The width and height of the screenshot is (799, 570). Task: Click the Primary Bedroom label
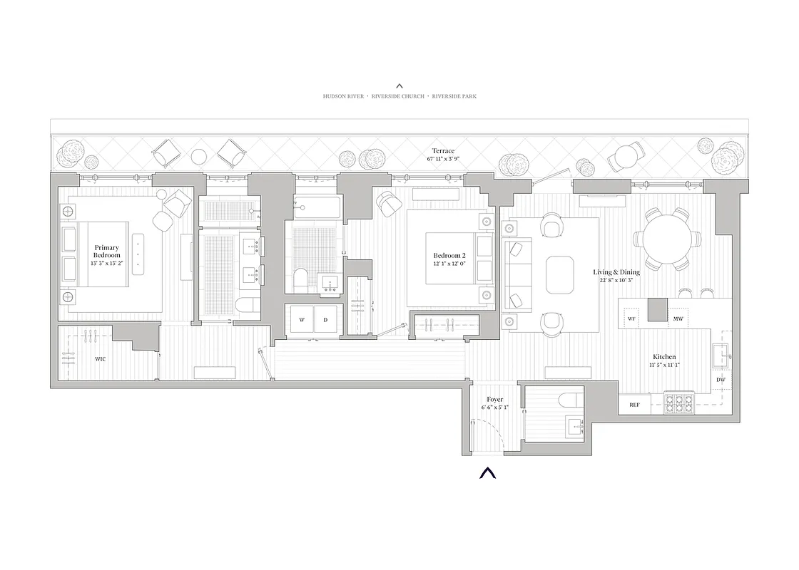(106, 252)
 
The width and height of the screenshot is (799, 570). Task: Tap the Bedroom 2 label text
(449, 256)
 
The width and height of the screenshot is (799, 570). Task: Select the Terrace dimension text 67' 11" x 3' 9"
(443, 159)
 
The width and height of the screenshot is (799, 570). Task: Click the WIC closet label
(101, 359)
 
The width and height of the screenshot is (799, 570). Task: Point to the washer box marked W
(302, 320)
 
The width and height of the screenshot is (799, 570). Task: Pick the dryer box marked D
(325, 320)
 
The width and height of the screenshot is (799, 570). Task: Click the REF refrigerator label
(634, 405)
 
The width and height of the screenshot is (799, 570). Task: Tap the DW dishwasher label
(721, 380)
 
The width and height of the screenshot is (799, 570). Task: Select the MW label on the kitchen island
(678, 318)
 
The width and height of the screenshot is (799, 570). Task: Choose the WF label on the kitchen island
(631, 318)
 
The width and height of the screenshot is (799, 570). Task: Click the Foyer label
(495, 400)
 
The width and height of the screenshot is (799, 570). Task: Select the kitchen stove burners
(679, 404)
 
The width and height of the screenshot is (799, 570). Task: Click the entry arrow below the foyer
(487, 472)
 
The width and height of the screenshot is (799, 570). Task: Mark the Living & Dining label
(616, 272)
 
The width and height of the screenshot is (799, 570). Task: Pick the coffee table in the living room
(560, 274)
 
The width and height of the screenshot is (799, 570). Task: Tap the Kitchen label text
(664, 357)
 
